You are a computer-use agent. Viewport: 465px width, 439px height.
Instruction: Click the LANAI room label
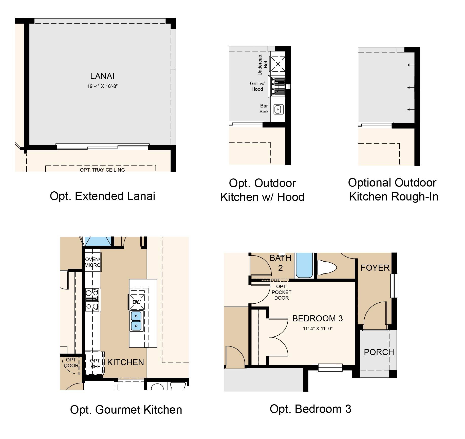point(102,76)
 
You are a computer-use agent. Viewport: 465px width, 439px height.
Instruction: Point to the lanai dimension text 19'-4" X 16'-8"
point(102,86)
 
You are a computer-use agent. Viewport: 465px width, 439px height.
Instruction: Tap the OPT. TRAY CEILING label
point(102,170)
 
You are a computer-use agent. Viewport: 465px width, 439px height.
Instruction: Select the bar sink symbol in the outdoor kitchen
point(278,110)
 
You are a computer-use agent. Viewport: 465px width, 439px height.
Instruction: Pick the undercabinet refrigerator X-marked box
point(278,64)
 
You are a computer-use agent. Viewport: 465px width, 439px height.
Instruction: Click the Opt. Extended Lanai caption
point(102,196)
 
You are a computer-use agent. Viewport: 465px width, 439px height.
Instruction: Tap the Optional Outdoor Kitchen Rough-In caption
point(393,189)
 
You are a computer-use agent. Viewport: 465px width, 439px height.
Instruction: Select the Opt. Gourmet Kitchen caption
point(126,410)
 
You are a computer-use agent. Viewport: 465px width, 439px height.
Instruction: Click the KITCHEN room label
point(125,362)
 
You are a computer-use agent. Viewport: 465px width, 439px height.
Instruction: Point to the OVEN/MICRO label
point(92,262)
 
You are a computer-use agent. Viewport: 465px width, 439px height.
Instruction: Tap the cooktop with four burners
point(92,300)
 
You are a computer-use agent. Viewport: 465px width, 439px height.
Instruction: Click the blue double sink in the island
point(137,321)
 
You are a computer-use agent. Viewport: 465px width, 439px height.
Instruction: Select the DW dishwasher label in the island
point(137,302)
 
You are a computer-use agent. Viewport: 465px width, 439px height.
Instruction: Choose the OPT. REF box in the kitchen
point(95,363)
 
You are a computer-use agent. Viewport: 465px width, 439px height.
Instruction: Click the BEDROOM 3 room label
point(318,318)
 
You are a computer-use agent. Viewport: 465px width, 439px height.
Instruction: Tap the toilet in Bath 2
point(327,267)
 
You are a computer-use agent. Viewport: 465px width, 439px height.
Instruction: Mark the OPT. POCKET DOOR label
point(282,292)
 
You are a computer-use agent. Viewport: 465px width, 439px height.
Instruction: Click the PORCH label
point(379,352)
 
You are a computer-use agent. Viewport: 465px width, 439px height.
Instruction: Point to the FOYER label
point(375,268)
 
